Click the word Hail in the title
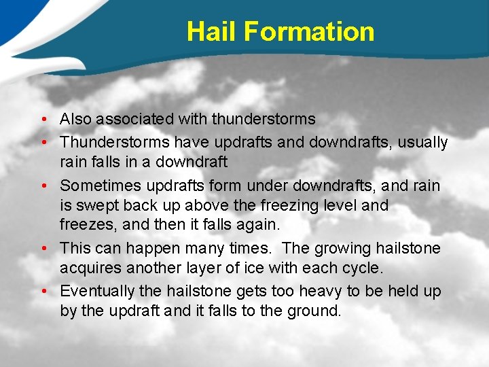[211, 32]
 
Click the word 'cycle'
[363, 268]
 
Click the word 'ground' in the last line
[316, 312]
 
